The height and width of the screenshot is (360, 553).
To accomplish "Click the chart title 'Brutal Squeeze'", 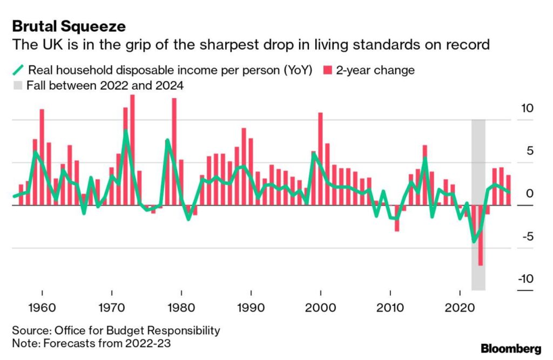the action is pyautogui.click(x=69, y=26).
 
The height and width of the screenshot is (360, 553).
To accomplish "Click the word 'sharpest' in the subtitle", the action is pyautogui.click(x=229, y=45).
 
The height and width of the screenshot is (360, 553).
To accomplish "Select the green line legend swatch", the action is pyautogui.click(x=18, y=70).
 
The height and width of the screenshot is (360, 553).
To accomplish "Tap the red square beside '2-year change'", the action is pyautogui.click(x=328, y=70).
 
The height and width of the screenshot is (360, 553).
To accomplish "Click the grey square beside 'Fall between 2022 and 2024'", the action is pyautogui.click(x=17, y=85).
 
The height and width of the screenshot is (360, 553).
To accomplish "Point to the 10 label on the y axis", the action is pyautogui.click(x=527, y=108).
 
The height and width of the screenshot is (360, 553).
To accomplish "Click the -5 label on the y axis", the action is pyautogui.click(x=528, y=236).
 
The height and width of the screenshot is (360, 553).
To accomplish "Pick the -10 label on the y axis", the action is pyautogui.click(x=526, y=279).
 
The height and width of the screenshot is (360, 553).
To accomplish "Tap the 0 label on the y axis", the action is pyautogui.click(x=530, y=194).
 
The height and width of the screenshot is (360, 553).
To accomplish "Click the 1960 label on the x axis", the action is pyautogui.click(x=42, y=308).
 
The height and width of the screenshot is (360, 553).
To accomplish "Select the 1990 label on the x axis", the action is pyautogui.click(x=251, y=308).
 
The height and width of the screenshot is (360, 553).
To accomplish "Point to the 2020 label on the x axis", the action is pyautogui.click(x=460, y=308).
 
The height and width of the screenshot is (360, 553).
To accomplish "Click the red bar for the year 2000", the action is pyautogui.click(x=320, y=159).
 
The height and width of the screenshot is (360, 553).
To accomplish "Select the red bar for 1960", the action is pyautogui.click(x=42, y=157).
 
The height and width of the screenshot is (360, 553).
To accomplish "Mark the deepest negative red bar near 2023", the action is pyautogui.click(x=480, y=235).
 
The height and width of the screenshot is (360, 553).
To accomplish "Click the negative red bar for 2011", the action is pyautogui.click(x=397, y=218).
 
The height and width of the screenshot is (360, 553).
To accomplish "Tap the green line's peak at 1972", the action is pyautogui.click(x=125, y=131).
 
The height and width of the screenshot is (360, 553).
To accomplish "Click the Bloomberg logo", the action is pyautogui.click(x=511, y=349).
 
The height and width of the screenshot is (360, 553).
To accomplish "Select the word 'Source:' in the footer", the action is pyautogui.click(x=32, y=330).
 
